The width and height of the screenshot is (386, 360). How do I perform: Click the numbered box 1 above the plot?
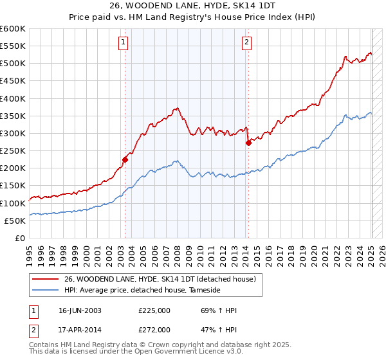(x=123, y=43)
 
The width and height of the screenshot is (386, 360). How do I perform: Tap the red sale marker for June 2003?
(x=125, y=159)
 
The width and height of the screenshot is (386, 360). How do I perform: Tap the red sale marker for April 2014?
(x=248, y=143)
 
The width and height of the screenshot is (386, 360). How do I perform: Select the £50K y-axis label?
(x=15, y=221)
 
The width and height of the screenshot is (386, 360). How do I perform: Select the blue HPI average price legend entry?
(x=142, y=291)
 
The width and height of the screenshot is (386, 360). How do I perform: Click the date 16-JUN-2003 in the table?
(x=80, y=310)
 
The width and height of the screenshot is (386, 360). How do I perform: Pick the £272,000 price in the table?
(x=154, y=329)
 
